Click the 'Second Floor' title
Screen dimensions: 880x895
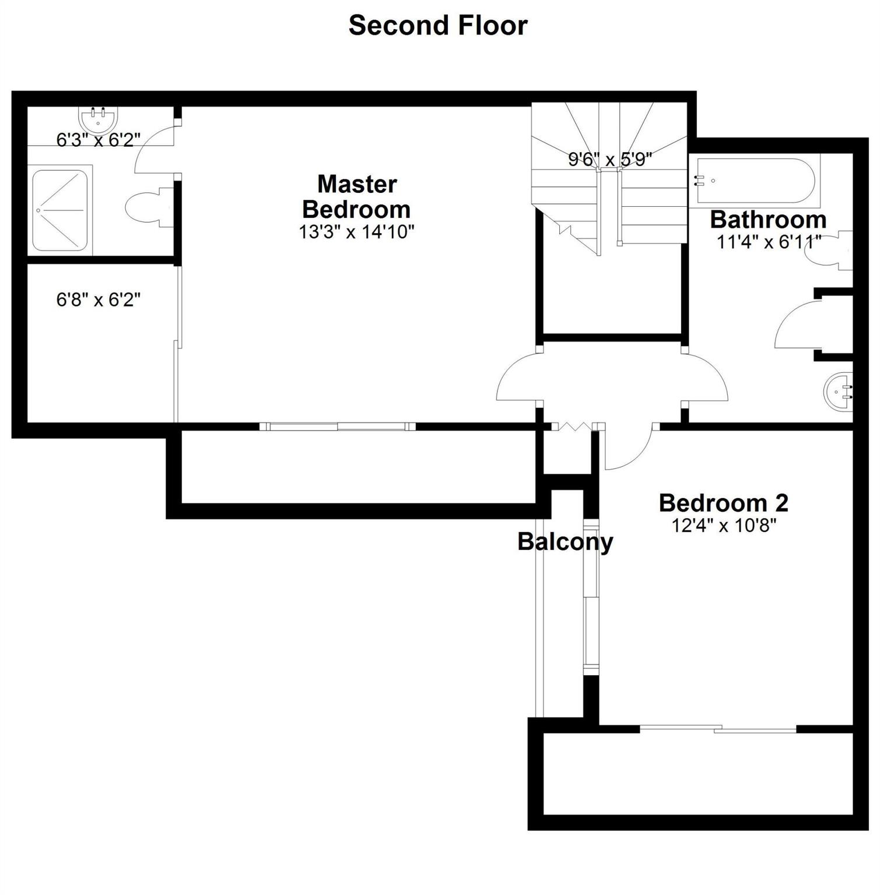click(438, 26)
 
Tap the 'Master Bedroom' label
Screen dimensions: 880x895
click(357, 196)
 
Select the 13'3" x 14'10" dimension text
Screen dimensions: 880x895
click(357, 232)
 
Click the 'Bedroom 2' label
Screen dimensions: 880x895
click(724, 502)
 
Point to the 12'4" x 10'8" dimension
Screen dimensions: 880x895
click(724, 526)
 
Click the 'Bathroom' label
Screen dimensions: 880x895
click(768, 220)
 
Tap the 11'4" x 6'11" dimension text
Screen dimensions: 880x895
click(769, 241)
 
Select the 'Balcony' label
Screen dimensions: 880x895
click(565, 542)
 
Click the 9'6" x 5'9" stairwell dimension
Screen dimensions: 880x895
click(610, 159)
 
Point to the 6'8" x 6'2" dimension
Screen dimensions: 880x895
click(99, 299)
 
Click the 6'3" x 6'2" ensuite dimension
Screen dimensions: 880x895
click(99, 140)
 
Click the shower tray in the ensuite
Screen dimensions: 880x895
click(60, 210)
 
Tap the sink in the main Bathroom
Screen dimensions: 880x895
click(838, 392)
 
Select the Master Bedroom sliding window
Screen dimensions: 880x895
click(338, 427)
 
